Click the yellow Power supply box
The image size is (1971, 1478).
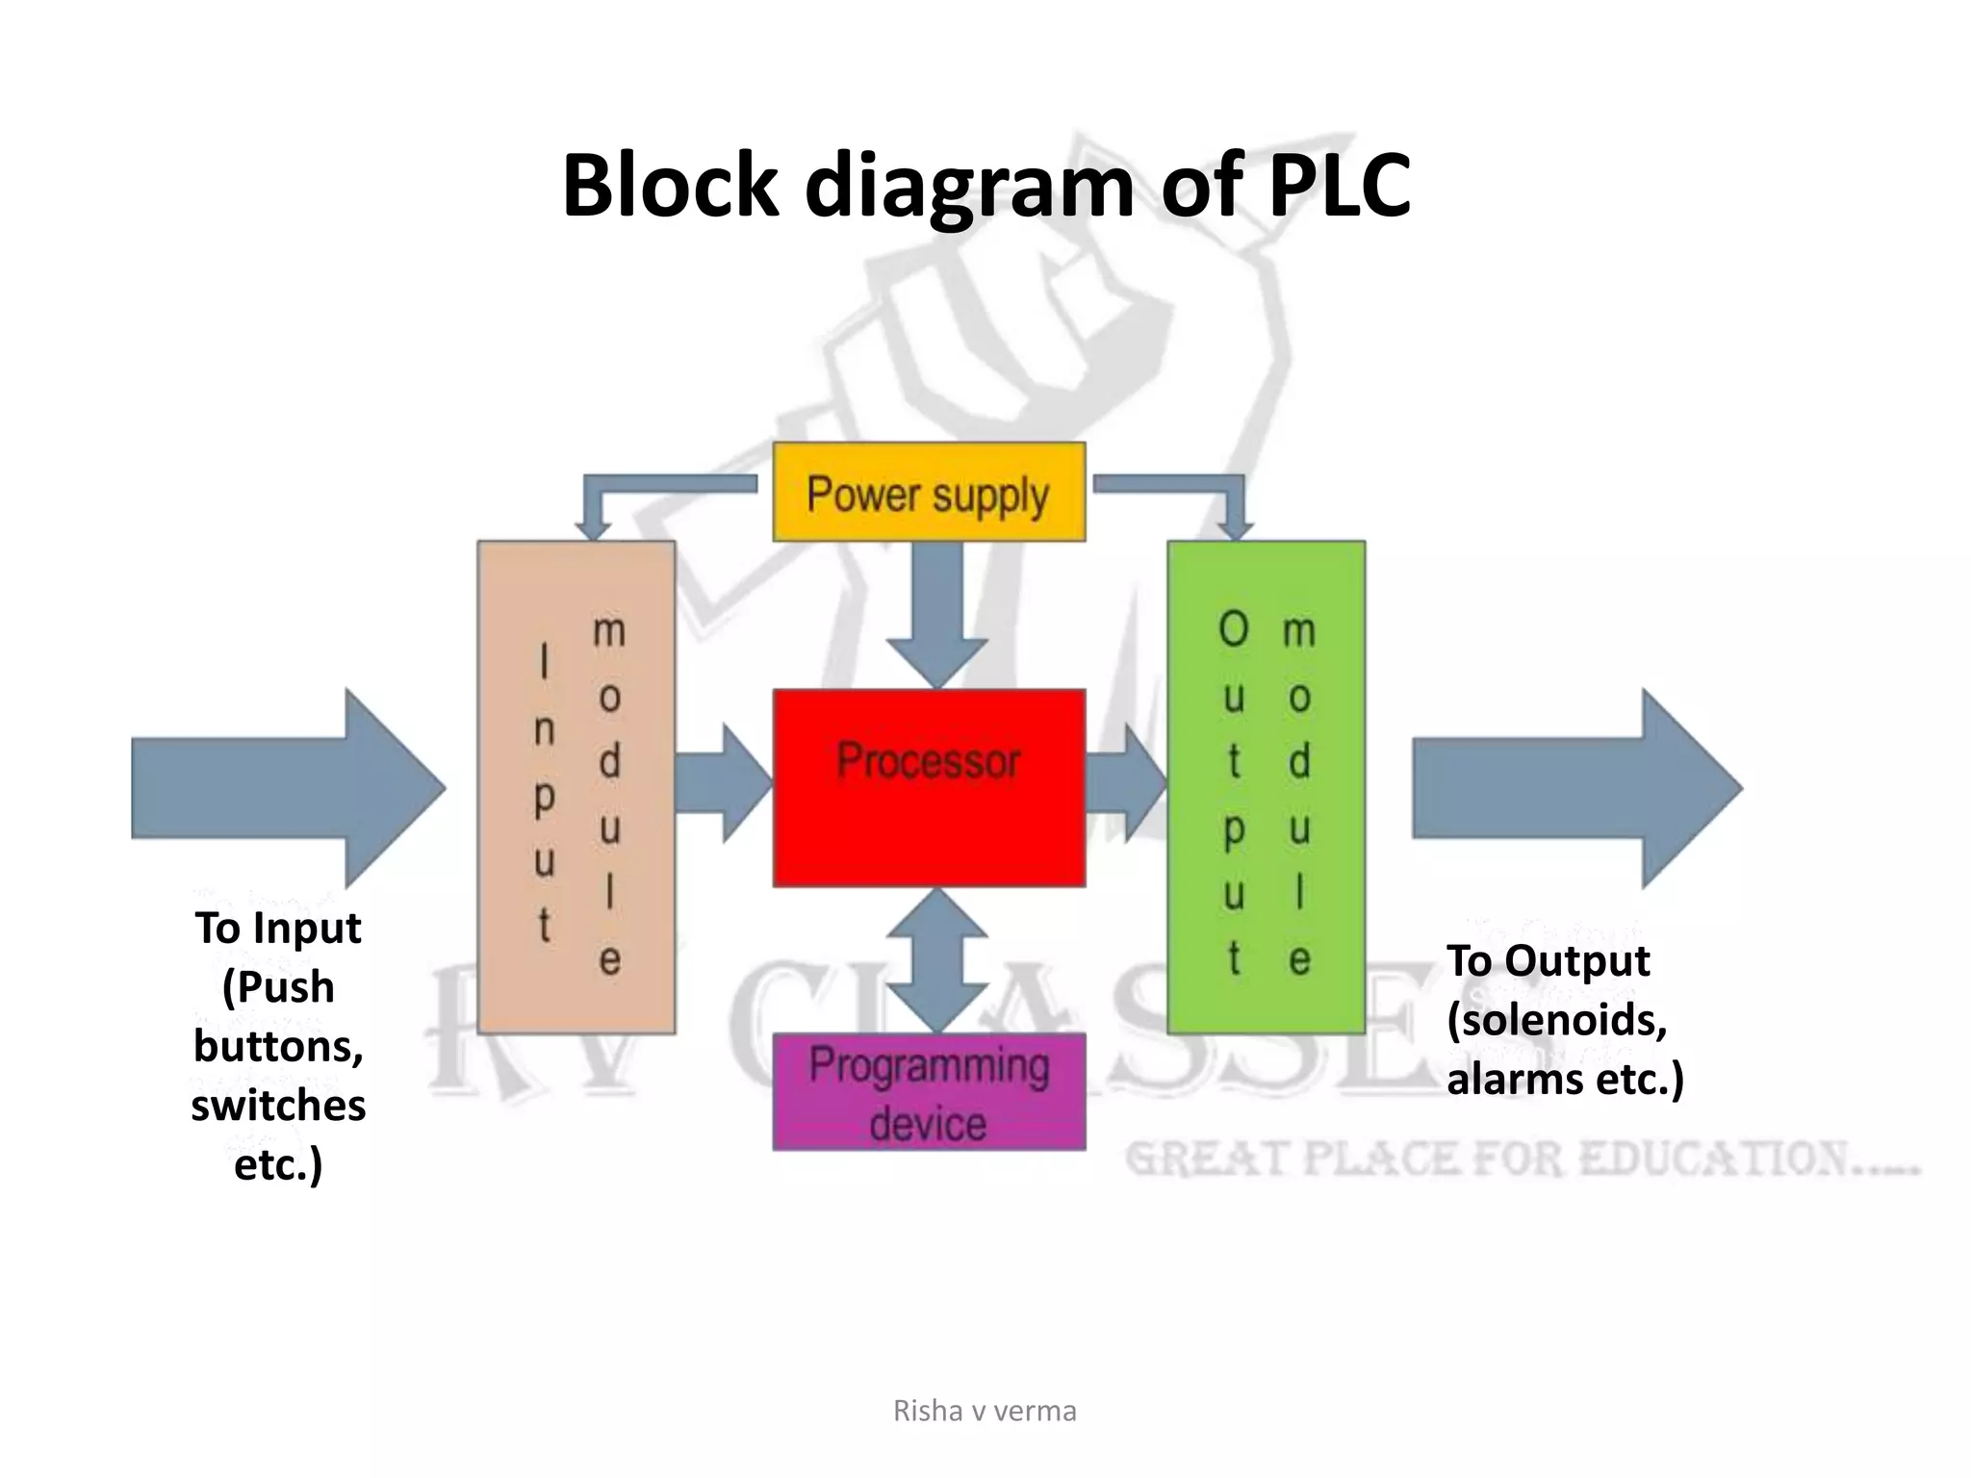coord(929,492)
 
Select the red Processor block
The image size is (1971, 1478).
coord(929,787)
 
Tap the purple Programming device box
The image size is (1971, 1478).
coord(929,1092)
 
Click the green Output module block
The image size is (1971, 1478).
coord(1266,787)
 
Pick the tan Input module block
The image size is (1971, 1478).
coord(576,787)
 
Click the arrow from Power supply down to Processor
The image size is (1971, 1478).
coord(936,611)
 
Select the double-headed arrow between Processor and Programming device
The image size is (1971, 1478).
coord(936,959)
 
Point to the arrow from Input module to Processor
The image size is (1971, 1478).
coord(722,784)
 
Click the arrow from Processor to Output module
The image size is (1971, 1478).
coord(1124,784)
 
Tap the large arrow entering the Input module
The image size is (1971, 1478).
coord(289,788)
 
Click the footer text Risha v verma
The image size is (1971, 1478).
coord(985,1411)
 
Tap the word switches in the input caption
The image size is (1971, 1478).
coord(278,1105)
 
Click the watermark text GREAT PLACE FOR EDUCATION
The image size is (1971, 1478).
coord(1521,1159)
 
